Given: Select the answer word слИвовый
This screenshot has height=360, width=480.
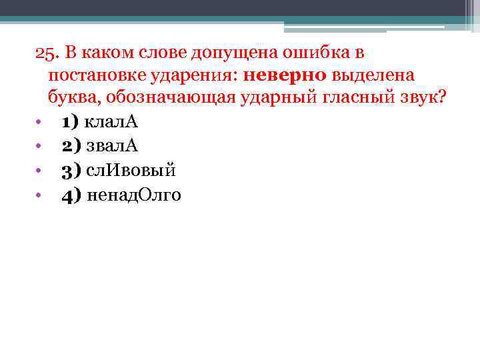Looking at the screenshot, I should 130,171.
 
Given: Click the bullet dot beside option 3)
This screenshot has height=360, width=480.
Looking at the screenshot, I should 39,171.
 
